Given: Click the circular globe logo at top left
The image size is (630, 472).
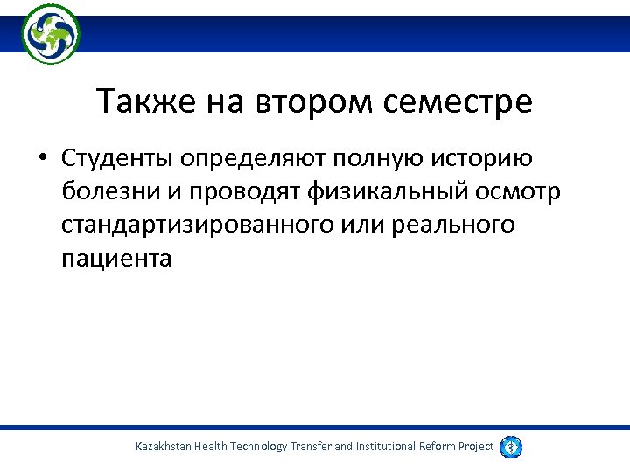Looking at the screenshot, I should pyautogui.click(x=51, y=33).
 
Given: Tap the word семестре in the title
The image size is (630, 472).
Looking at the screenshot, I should pyautogui.click(x=457, y=102).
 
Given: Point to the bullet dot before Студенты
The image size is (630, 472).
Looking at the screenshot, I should pyautogui.click(x=41, y=160).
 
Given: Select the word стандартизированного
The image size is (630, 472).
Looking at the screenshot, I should pyautogui.click(x=197, y=226).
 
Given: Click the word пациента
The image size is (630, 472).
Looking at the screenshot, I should pyautogui.click(x=116, y=259).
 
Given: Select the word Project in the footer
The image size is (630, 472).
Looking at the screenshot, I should pyautogui.click(x=473, y=447).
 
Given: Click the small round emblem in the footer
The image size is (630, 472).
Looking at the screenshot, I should pyautogui.click(x=512, y=447).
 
